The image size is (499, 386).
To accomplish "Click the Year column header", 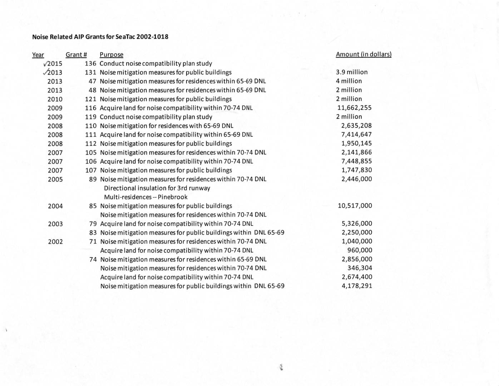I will (x=38, y=55).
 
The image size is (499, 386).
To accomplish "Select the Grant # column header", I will (x=76, y=55).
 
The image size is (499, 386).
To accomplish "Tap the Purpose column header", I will (x=112, y=55).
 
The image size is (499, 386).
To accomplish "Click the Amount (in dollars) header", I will (x=364, y=54).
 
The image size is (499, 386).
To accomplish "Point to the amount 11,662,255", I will (x=354, y=108).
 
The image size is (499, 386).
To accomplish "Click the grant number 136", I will (x=90, y=64).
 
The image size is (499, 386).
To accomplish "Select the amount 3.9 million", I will (x=351, y=72).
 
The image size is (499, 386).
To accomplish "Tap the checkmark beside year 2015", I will (x=45, y=64).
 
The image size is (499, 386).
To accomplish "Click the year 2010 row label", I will (x=55, y=99).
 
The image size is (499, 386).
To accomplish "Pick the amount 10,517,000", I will (x=355, y=206).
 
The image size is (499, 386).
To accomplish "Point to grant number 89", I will (x=93, y=179).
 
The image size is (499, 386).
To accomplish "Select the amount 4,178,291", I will (x=357, y=286).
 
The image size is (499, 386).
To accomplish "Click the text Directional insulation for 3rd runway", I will (x=157, y=188).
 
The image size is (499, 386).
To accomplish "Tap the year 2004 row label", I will (x=55, y=206).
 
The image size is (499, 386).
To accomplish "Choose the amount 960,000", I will (x=360, y=250).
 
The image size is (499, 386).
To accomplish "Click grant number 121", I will (x=90, y=99).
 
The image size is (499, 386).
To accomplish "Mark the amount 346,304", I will (x=360, y=268).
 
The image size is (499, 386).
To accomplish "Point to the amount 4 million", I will (x=349, y=81).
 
